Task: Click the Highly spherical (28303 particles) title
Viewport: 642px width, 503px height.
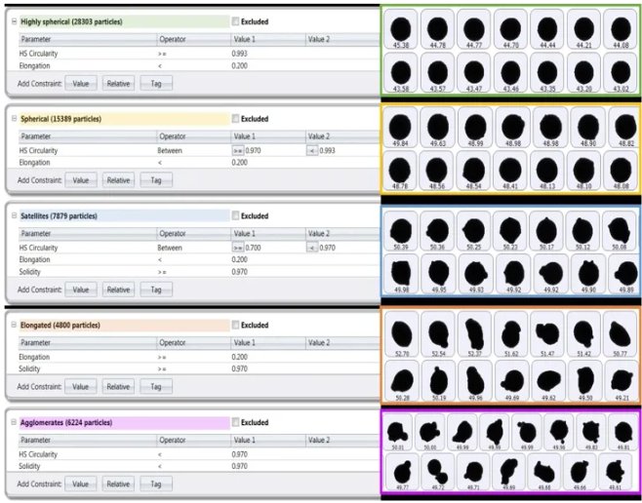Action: [74, 21]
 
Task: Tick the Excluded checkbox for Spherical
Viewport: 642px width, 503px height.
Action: [236, 119]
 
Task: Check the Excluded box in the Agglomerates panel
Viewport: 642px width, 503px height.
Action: [236, 423]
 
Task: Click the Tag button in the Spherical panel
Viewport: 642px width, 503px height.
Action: [155, 180]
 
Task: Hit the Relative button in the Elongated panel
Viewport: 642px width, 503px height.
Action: [118, 386]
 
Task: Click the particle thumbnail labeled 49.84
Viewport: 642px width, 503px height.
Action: [401, 127]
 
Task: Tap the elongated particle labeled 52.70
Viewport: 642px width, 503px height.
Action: [401, 333]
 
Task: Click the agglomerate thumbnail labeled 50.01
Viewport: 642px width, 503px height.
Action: [397, 432]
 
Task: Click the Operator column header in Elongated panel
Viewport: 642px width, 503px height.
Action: [173, 343]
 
